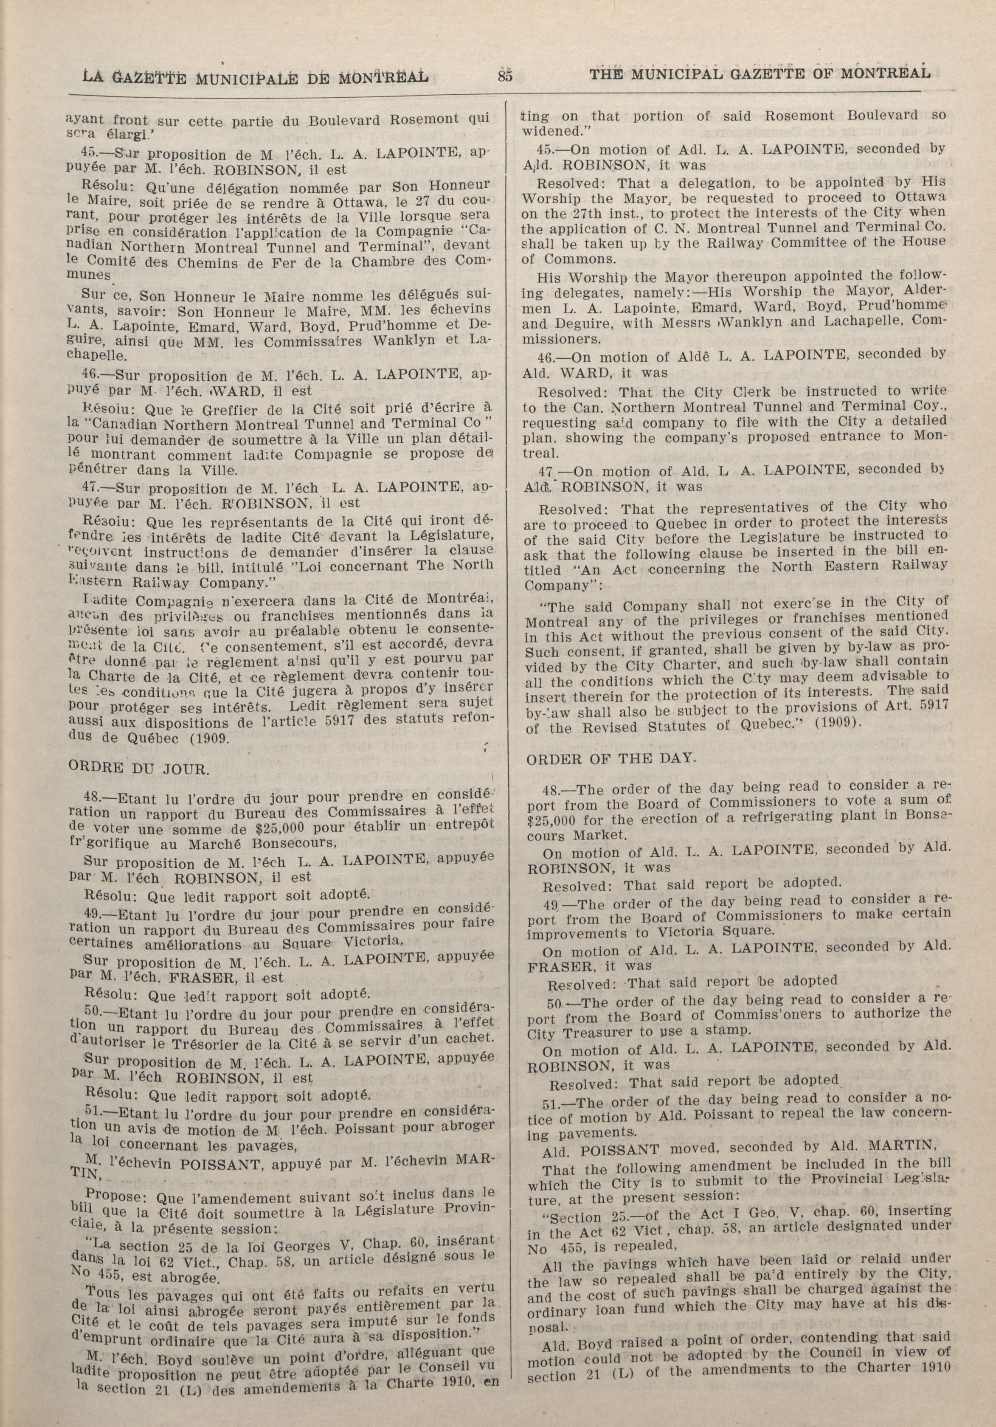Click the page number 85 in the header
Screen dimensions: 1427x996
click(504, 76)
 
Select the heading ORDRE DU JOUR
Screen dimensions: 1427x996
click(138, 768)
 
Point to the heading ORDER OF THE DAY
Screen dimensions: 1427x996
click(611, 758)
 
